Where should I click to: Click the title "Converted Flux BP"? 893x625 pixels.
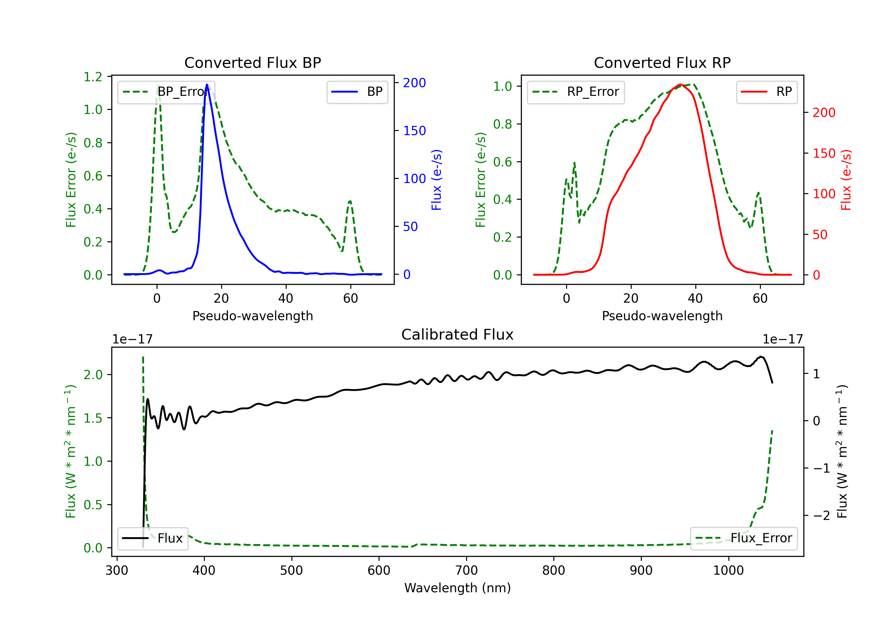point(252,62)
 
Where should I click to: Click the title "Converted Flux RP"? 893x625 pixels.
point(662,62)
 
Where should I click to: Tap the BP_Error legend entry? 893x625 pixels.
point(166,92)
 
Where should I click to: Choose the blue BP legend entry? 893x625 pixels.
point(357,92)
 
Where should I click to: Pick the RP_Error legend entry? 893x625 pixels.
point(576,92)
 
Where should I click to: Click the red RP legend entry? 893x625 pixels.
point(766,92)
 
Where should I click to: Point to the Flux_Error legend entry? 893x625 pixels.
point(743,538)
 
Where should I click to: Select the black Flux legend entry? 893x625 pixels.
point(153,538)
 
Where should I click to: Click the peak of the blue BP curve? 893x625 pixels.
point(207,85)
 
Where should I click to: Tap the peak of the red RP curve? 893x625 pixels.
point(680,85)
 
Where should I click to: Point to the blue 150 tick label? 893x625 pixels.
point(414,131)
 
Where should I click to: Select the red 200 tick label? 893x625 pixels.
point(824,113)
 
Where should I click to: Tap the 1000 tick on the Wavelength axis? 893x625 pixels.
point(728,571)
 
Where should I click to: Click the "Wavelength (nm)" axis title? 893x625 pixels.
point(458,588)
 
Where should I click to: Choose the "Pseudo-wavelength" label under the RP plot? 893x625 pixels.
point(662,316)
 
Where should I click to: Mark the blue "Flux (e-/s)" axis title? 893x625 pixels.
point(436,180)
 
